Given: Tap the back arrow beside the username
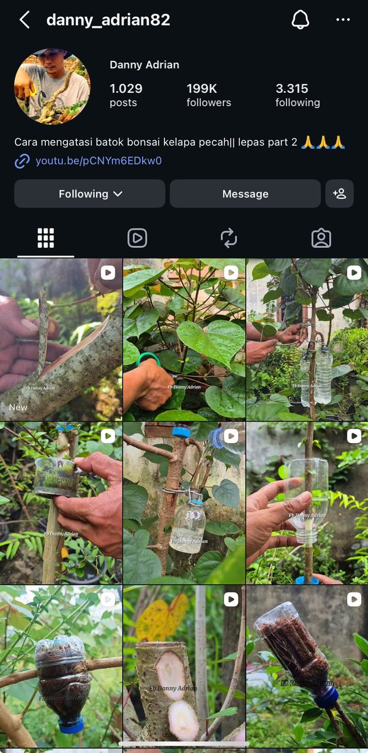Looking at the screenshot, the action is coord(24,19).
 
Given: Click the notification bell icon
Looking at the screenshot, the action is coord(300,19).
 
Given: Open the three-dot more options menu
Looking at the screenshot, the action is coord(343,19).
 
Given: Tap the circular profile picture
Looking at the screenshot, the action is coord(52,87).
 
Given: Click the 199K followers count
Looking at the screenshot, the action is coord(208,95).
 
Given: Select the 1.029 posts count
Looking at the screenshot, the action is coord(126,95).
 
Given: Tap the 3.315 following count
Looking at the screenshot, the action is coord(298,95).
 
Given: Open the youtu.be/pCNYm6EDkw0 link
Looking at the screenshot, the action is coord(99,161).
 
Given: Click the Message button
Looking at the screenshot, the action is coord(245,194).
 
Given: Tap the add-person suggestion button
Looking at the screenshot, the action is coord(339,194).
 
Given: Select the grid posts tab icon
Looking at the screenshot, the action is coord(46,238).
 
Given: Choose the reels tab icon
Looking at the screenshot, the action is coord(138,238).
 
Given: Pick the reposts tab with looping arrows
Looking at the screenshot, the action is coord(229,238).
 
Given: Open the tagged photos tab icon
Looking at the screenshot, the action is coord(322,238).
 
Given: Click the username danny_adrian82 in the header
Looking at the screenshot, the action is coord(108,20).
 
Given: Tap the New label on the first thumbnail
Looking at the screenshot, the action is coord(18,407).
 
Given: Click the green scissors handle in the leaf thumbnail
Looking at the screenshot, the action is coord(148,358).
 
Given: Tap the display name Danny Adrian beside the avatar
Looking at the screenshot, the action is coord(144,65).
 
